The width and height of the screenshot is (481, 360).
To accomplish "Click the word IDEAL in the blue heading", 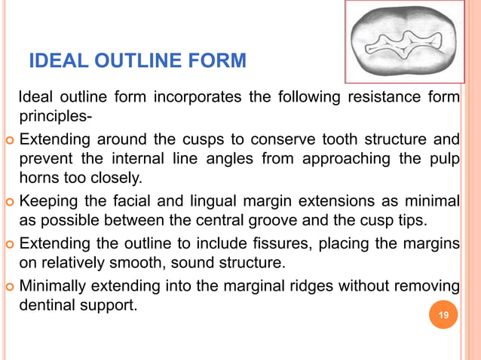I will (55, 59).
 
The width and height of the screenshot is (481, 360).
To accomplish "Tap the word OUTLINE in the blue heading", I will (133, 59).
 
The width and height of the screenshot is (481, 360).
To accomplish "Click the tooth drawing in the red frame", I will (404, 42).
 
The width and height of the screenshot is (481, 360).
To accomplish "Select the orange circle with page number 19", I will (443, 316).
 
